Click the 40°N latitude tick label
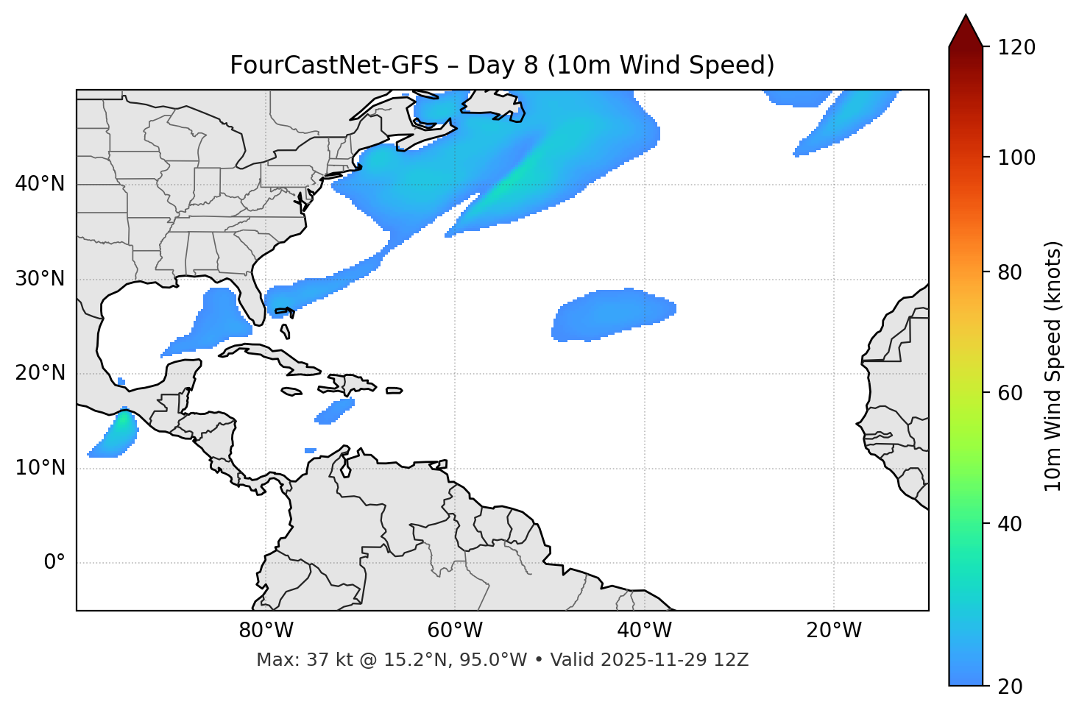point(40,184)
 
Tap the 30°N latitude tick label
point(40,279)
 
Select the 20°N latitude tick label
point(40,373)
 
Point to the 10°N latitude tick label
point(40,468)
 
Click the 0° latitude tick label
point(54,563)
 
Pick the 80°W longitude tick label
point(266,631)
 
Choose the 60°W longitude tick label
point(455,631)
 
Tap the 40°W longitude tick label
point(644,631)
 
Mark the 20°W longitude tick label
point(833,631)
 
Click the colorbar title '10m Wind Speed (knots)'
point(1053,366)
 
